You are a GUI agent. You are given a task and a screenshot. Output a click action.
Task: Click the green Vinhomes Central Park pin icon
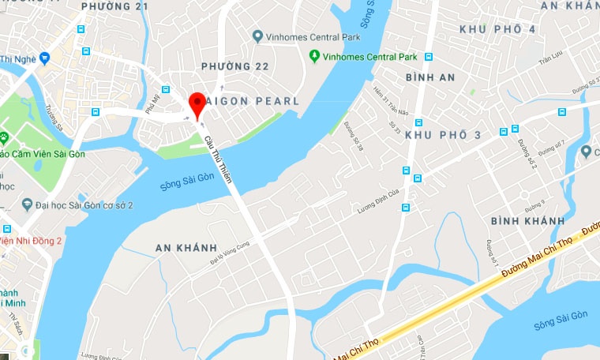314,56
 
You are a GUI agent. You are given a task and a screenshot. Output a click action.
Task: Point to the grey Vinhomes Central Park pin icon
257,36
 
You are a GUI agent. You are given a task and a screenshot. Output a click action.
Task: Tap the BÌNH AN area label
430,77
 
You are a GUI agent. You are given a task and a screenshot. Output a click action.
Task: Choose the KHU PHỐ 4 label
497,29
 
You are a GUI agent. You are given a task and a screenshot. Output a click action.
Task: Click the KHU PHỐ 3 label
443,135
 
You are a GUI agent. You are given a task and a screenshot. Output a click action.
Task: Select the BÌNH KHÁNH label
527,220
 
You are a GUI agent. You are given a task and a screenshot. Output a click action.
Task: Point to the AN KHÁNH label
186,248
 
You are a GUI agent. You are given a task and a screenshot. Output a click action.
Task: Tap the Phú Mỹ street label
152,103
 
